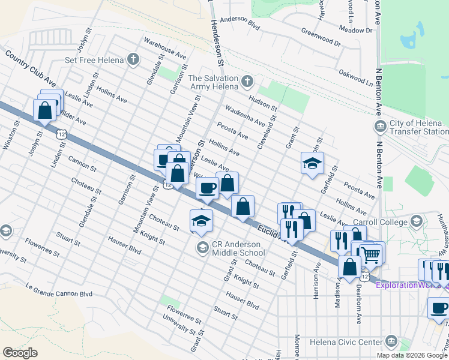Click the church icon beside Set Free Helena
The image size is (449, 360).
(133, 59)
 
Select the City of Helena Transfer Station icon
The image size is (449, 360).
(380, 126)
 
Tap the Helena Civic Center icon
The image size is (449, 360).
(392, 342)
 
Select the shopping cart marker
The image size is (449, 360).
(371, 255)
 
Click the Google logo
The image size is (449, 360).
(20, 353)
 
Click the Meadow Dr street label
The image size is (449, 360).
(352, 28)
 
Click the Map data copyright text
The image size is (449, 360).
(411, 355)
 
